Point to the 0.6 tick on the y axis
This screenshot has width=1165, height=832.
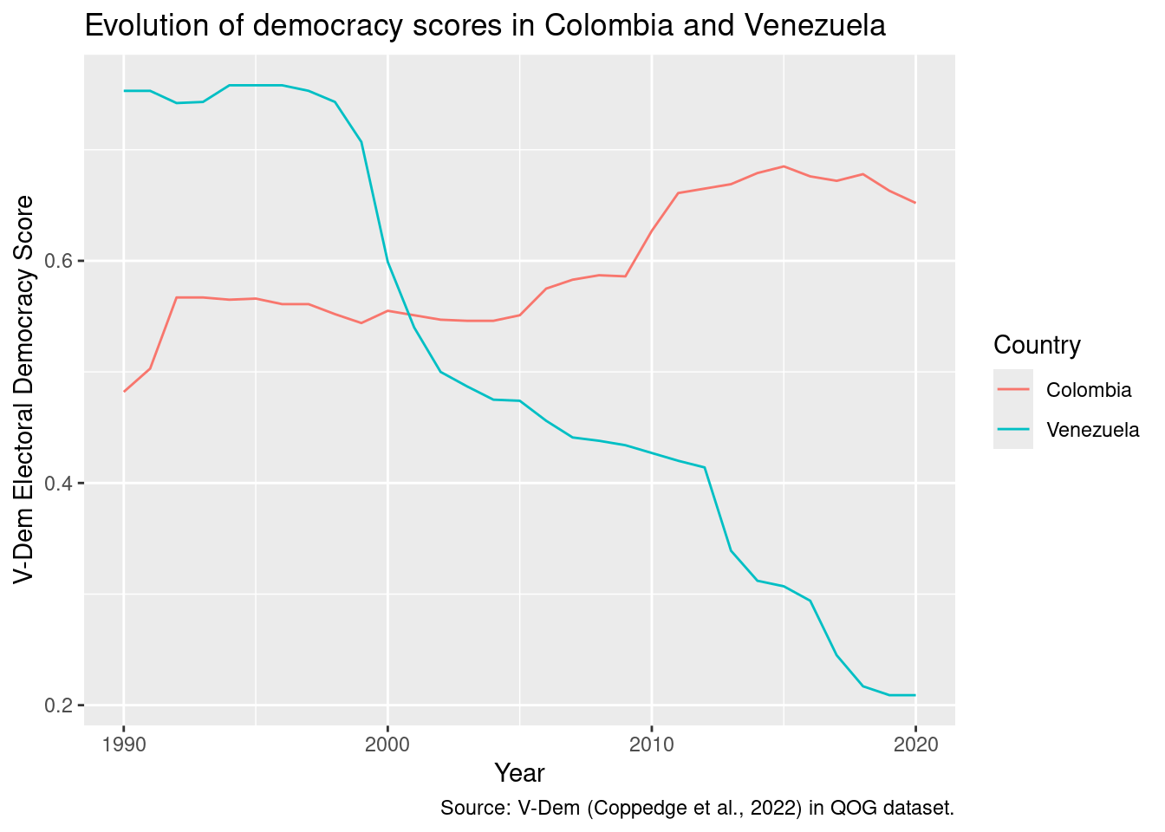62,261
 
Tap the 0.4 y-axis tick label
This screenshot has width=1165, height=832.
62,483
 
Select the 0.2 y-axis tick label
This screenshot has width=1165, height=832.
62,705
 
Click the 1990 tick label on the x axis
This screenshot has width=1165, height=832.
124,744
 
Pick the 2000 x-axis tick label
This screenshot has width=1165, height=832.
387,744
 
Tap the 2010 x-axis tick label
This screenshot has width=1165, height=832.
652,744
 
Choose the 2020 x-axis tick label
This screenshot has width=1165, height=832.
915,744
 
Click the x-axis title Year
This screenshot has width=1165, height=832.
519,773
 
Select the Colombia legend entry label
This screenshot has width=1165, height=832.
1089,390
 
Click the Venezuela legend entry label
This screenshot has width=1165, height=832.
1093,430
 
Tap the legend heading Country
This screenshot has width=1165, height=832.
1037,345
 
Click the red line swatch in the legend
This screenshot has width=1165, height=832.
1012,390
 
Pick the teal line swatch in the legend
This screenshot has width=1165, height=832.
1012,430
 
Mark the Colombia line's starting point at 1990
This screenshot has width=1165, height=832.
124,392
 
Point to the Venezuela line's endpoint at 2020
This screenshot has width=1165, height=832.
915,695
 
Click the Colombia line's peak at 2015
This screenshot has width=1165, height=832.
784,166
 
